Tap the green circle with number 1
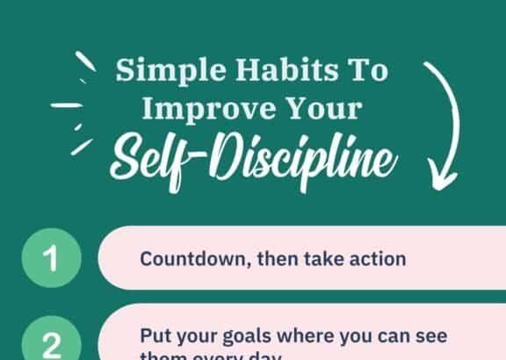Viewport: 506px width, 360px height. pos(50,259)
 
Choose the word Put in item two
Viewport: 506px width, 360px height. pos(154,336)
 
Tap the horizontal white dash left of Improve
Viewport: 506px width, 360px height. pos(66,106)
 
